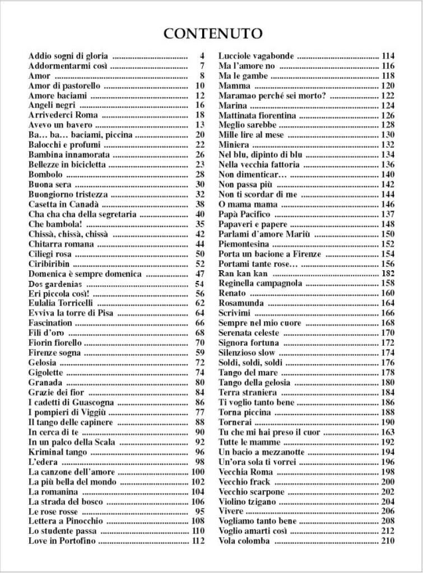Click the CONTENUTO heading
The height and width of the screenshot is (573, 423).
[x=212, y=34]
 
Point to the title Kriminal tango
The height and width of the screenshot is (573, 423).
[x=56, y=452]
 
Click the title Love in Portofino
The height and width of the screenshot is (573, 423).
[x=62, y=541]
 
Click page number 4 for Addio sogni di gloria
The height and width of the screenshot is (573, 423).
[x=202, y=56]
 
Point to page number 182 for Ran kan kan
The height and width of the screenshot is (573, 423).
[x=388, y=274]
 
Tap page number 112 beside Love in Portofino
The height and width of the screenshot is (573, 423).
[x=198, y=541]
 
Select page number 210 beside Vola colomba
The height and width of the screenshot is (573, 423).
[x=388, y=541]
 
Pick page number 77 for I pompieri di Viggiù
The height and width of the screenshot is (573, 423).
[x=200, y=412]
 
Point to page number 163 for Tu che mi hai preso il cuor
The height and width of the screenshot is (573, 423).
[x=388, y=433]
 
